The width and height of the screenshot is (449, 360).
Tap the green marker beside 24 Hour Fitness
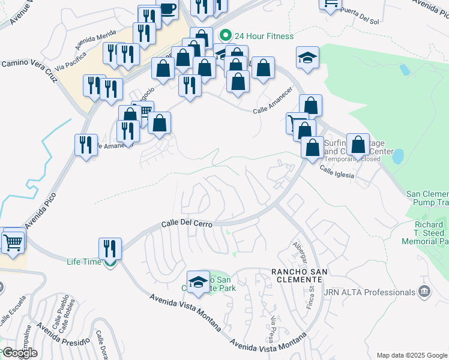225,35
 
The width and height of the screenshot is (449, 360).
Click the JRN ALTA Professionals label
369,292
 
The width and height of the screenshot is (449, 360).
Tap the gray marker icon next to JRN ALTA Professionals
424,292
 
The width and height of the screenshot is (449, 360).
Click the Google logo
20,353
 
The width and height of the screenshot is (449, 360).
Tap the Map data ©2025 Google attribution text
412,355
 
